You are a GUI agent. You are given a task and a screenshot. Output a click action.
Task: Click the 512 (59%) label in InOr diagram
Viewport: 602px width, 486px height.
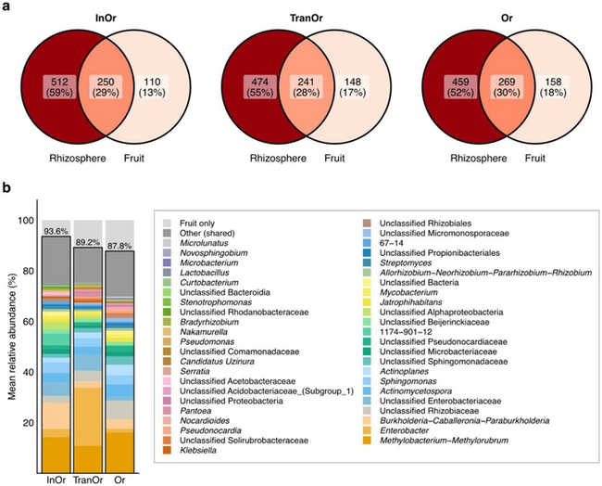tap(59, 87)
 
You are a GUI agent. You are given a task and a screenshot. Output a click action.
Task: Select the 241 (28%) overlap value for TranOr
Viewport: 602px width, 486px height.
tap(306, 87)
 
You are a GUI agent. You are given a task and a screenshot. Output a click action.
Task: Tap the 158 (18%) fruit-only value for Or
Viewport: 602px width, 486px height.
tap(553, 87)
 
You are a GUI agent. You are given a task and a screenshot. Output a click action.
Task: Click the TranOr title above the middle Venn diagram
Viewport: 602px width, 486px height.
tap(306, 18)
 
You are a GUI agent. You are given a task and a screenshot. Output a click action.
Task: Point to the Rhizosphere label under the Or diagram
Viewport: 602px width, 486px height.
tap(479, 159)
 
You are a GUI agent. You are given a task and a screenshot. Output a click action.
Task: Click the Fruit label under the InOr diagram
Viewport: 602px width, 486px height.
tap(134, 158)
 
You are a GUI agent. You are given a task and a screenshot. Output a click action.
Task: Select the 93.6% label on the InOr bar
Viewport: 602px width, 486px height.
tap(56, 231)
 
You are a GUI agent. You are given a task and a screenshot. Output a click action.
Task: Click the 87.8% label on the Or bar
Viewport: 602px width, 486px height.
tap(119, 246)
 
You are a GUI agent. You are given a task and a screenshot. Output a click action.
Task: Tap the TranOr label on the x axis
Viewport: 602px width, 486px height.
tap(88, 480)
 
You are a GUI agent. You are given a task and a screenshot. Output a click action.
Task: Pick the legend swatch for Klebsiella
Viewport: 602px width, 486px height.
tap(167, 450)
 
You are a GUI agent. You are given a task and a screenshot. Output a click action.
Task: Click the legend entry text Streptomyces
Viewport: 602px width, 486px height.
tap(406, 263)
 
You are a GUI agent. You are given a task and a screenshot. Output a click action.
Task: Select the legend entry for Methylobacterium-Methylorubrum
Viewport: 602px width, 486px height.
tap(444, 441)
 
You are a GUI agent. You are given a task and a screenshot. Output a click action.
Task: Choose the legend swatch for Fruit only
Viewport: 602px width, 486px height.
tap(167, 224)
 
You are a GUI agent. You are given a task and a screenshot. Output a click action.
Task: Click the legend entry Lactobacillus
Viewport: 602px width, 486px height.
tap(205, 273)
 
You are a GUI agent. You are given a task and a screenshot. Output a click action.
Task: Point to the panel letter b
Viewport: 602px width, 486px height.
tap(6, 188)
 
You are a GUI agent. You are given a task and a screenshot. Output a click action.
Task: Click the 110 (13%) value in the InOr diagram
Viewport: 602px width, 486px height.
tap(152, 87)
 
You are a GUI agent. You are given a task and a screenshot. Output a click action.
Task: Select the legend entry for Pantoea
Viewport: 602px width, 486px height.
tap(195, 411)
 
